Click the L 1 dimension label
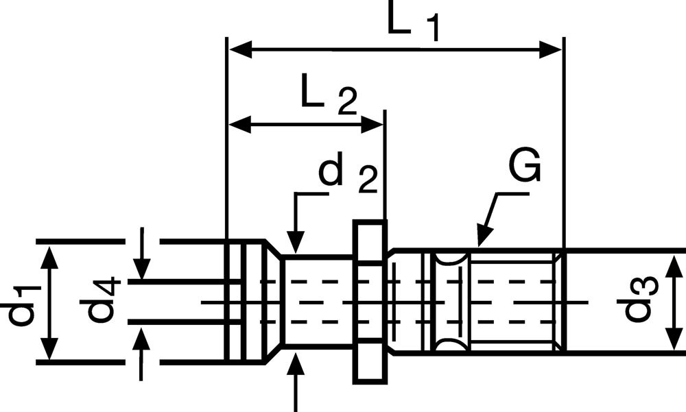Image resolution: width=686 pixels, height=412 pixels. pyautogui.click(x=412, y=23)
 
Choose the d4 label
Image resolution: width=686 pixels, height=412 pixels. pyautogui.click(x=102, y=302)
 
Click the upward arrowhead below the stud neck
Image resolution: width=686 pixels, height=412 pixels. pyautogui.click(x=296, y=363)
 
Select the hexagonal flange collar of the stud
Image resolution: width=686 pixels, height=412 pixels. pyautogui.click(x=370, y=302)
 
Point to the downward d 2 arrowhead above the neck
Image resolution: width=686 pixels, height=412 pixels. pyautogui.click(x=296, y=243)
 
